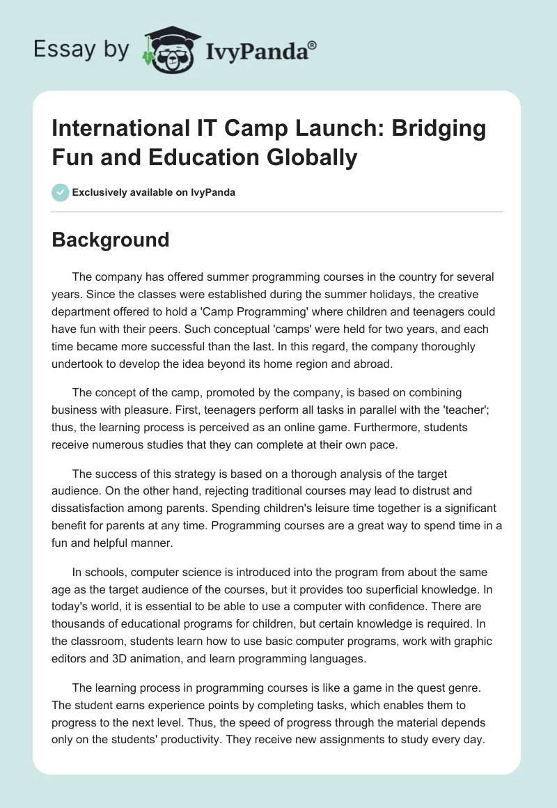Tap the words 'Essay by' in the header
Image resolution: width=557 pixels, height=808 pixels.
pyautogui.click(x=81, y=50)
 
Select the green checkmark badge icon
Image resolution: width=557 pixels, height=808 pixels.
pyautogui.click(x=60, y=192)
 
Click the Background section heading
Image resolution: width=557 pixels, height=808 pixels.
pyautogui.click(x=111, y=240)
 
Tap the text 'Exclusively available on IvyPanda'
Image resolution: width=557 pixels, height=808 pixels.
pyautogui.click(x=154, y=192)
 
